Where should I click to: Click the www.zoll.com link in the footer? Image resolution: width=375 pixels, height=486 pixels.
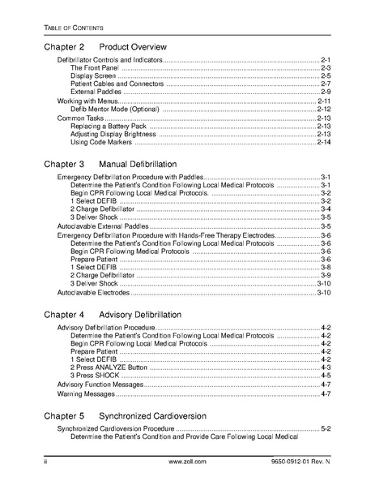click(188, 461)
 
